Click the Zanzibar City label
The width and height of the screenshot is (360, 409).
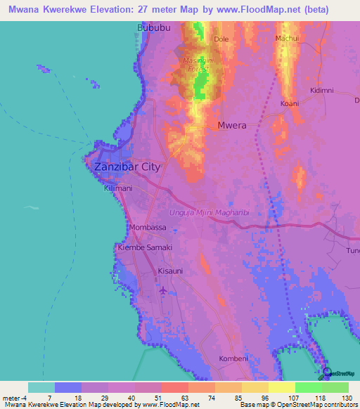(x=127, y=167)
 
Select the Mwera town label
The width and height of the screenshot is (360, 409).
(x=232, y=126)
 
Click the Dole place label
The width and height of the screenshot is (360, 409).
(x=221, y=39)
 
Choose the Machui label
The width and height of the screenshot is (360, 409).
(x=288, y=38)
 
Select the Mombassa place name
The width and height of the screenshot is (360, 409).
(x=148, y=228)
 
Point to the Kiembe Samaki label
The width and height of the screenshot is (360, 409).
(x=145, y=248)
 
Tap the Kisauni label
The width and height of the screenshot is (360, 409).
(x=170, y=270)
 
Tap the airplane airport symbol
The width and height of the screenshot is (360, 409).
(x=164, y=290)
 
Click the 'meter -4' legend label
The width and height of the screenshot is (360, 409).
(x=15, y=395)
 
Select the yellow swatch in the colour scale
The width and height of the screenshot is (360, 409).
(x=281, y=387)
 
